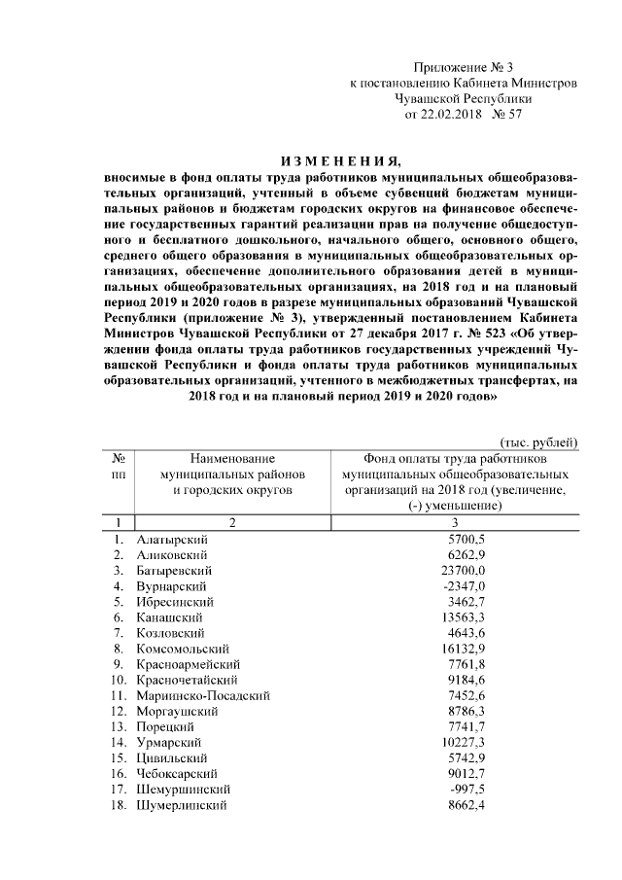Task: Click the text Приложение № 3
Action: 463,67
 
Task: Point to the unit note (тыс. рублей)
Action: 539,442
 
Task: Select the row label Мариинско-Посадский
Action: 203,695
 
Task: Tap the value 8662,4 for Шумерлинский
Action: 465,805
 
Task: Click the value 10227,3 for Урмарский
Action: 462,743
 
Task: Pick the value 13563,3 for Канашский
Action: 462,617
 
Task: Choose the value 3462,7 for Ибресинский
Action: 465,601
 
